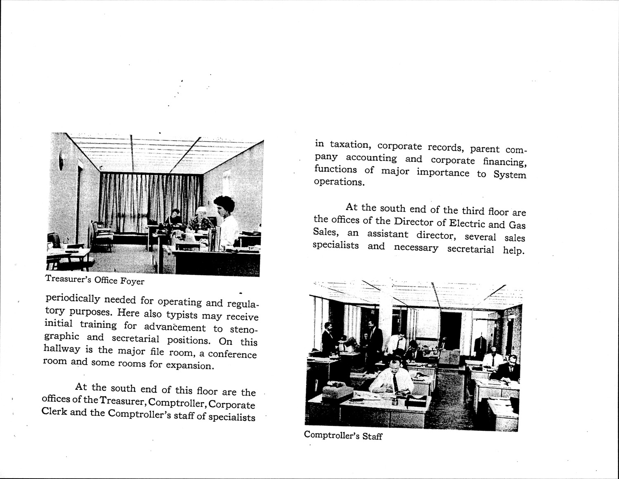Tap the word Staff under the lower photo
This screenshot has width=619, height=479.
coord(372,436)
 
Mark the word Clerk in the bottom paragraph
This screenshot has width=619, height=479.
coord(54,412)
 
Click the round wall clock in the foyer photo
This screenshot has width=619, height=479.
coord(61,160)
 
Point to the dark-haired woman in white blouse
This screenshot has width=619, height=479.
coord(226,221)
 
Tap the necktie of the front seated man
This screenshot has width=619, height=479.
coord(395,382)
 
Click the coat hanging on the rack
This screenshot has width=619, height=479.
coord(480,345)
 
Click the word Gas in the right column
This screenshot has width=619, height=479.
coord(517,225)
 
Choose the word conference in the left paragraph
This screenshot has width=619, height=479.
coord(232,354)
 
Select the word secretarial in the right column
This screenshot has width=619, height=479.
coord(470,249)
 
